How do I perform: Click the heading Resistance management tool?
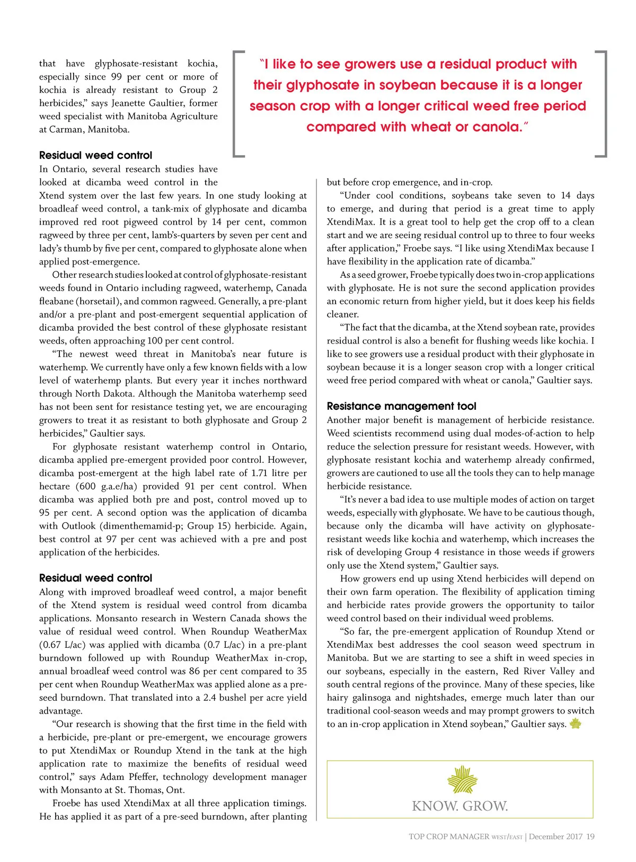401,407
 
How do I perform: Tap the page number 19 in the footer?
590,837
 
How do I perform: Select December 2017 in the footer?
555,837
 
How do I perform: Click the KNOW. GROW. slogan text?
460,806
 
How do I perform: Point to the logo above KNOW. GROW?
462,779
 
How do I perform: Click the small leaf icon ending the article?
575,724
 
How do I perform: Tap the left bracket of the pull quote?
238,103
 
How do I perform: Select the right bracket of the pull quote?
602,103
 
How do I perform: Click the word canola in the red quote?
494,127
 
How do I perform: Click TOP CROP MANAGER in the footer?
448,837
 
